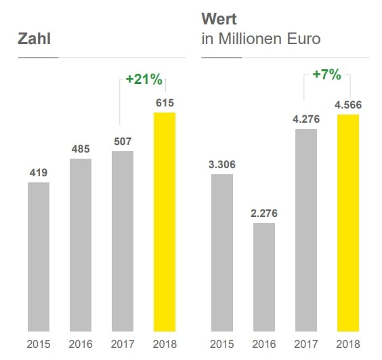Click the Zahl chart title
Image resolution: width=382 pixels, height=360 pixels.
pyautogui.click(x=34, y=39)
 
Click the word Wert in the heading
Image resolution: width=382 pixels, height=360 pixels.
pyautogui.click(x=219, y=19)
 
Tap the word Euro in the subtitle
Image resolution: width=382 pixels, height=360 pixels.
pyautogui.click(x=303, y=39)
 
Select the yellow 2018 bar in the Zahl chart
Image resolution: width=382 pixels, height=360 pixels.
pyautogui.click(x=165, y=222)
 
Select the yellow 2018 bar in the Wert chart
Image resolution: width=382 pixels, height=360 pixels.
pyautogui.click(x=348, y=223)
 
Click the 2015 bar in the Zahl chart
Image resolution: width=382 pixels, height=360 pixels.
pyautogui.click(x=39, y=257)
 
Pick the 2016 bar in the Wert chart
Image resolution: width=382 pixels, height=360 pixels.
pyautogui.click(x=264, y=277)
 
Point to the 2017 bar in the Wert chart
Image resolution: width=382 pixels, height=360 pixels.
pyautogui.click(x=306, y=231)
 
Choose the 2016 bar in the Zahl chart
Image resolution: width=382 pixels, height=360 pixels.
pyautogui.click(x=81, y=245)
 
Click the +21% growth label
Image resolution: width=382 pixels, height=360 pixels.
pyautogui.click(x=144, y=79)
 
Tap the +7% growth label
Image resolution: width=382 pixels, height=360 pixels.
pyautogui.click(x=327, y=74)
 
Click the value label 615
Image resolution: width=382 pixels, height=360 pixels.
pyautogui.click(x=165, y=103)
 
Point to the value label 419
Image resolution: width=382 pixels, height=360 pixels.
pyautogui.click(x=39, y=173)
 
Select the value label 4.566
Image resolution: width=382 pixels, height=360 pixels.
pyautogui.click(x=348, y=105)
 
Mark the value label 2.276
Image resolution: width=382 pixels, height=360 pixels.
pyautogui.click(x=264, y=214)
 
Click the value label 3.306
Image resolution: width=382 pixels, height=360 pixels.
pyautogui.click(x=222, y=165)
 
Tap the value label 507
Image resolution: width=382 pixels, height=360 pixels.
pyautogui.click(x=123, y=142)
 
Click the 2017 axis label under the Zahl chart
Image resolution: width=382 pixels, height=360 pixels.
pyautogui.click(x=123, y=344)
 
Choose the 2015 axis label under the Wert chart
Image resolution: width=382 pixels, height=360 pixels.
pyautogui.click(x=222, y=344)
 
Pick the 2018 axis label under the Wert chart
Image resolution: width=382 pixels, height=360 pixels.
pyautogui.click(x=348, y=344)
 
